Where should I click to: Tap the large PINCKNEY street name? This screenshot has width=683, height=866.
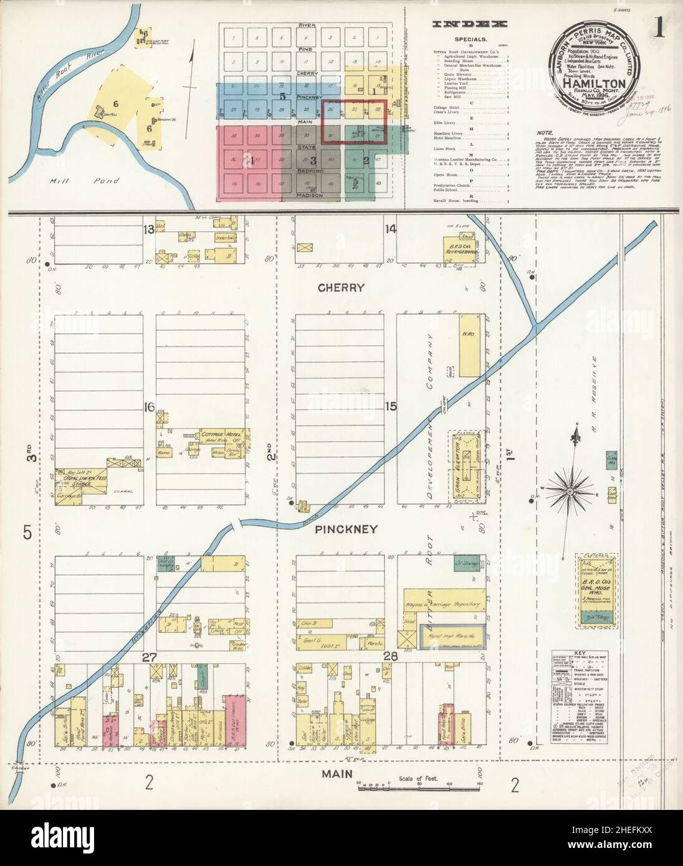point(345,530)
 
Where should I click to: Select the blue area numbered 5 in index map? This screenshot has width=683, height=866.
point(282,97)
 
